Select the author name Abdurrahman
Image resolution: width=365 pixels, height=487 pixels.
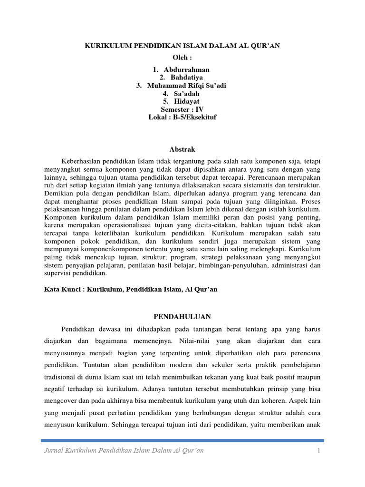(x=187, y=69)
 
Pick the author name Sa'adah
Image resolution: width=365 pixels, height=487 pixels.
(x=187, y=94)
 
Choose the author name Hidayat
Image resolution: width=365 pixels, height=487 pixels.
(x=187, y=101)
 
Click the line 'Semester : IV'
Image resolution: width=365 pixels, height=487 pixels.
(x=182, y=109)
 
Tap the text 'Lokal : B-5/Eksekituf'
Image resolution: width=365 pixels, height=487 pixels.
(x=182, y=117)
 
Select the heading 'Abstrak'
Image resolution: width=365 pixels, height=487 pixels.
(x=182, y=149)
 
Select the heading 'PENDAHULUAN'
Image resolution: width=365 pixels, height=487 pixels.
(x=182, y=316)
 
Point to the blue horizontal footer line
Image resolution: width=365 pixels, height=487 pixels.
(x=182, y=440)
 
